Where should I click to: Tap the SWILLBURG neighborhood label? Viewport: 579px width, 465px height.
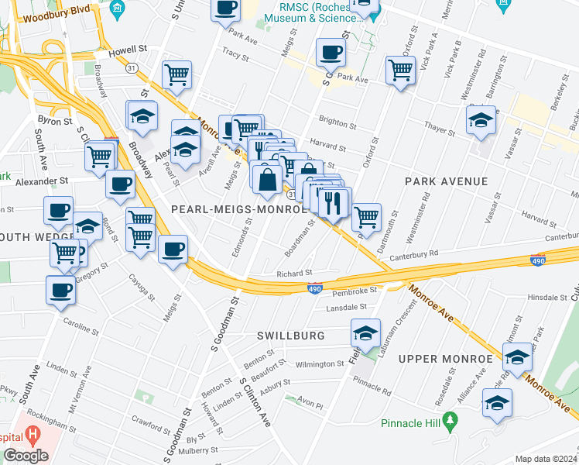click(290, 336)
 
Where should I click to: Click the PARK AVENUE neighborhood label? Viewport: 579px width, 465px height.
click(446, 181)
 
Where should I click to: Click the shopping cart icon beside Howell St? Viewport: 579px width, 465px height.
click(177, 75)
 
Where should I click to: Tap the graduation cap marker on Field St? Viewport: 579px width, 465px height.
click(365, 332)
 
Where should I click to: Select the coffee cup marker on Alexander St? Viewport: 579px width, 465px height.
click(120, 184)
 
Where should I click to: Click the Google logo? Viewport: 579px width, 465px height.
click(26, 456)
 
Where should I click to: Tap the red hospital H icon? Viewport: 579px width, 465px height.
click(32, 434)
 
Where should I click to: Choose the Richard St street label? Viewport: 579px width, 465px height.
click(294, 273)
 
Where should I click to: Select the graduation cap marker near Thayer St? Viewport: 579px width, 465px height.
click(481, 120)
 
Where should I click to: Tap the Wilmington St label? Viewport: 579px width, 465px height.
click(320, 363)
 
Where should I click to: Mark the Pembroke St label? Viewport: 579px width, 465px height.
click(353, 291)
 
